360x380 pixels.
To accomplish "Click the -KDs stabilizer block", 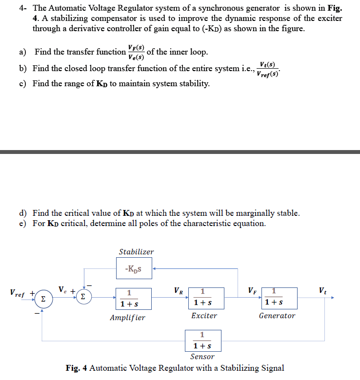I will point(134,268).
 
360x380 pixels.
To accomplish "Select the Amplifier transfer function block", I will point(129,298).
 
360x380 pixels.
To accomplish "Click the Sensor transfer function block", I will point(202,341).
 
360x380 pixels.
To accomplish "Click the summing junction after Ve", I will point(83,296).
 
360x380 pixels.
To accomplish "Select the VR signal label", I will point(179,291).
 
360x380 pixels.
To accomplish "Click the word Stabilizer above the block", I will point(136,252).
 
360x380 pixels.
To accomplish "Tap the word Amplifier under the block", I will point(127,318).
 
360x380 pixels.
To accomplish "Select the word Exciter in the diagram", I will point(204,316).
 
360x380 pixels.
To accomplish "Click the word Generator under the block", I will point(277,316).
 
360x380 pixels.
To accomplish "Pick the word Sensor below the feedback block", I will point(202,357).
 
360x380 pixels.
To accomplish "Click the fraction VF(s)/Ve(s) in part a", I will point(136,52).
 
